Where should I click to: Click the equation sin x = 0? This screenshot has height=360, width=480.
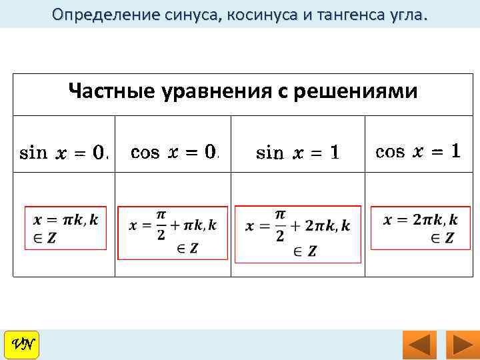click(64, 153)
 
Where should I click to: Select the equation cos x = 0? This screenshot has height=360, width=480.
click(174, 153)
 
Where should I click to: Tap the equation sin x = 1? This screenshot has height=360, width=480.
click(297, 153)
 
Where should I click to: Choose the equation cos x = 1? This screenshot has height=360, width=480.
click(417, 151)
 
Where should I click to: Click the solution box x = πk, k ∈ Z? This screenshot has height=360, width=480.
click(65, 228)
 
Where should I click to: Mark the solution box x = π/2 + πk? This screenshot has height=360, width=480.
click(173, 233)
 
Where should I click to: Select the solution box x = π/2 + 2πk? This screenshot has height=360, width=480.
click(298, 233)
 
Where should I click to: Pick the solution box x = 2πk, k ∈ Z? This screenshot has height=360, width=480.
click(420, 228)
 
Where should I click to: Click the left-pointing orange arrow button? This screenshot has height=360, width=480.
click(419, 345)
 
